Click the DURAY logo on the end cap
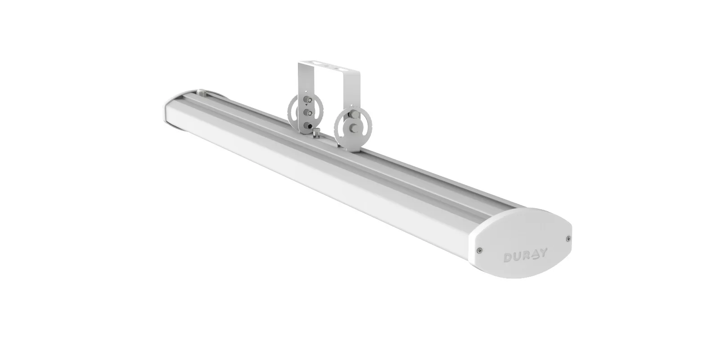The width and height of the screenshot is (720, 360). click(x=525, y=255)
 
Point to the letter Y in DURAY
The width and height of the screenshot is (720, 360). click(x=543, y=252)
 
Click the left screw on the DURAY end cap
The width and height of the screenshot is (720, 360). click(x=480, y=250)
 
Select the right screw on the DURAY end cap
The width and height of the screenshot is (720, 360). click(x=568, y=238)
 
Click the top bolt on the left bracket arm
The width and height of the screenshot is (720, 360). click(x=309, y=100)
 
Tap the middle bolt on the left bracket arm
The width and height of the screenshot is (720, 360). click(x=309, y=112)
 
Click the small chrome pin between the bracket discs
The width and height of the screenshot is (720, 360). click(x=315, y=132)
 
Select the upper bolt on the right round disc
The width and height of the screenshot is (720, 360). click(x=355, y=114)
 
